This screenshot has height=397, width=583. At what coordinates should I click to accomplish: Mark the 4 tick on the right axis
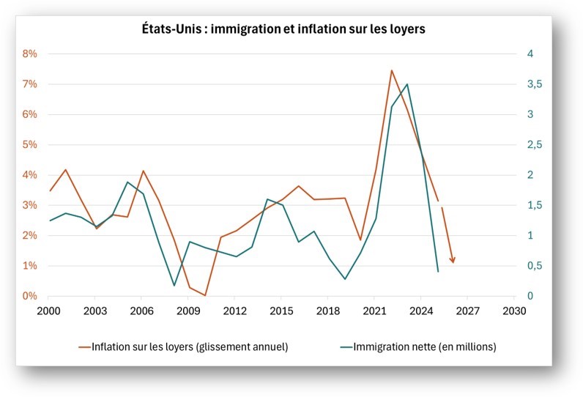pos(530,54)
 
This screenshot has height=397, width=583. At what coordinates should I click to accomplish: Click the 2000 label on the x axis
pos(48,311)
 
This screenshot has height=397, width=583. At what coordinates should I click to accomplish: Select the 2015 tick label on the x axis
pos(281,311)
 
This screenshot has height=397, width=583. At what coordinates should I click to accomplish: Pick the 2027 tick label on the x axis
pos(467,311)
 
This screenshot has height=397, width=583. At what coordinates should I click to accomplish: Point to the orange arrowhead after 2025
pos(453,260)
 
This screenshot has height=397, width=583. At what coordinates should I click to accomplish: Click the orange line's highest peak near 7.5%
pos(391,70)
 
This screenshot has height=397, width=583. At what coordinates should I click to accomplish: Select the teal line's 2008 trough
pos(174,285)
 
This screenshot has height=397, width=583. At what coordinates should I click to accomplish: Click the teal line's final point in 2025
pos(438,272)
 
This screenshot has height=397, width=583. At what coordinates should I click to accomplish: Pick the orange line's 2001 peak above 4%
pos(65,170)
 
